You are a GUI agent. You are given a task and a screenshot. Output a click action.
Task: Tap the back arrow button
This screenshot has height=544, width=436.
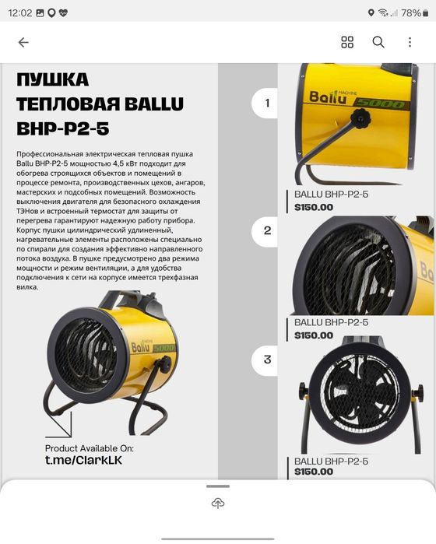pos(23,42)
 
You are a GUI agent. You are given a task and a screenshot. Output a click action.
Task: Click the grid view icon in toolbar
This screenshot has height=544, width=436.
pos(347,42)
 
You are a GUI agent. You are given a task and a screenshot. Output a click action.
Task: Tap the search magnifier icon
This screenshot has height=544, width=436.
pos(378,42)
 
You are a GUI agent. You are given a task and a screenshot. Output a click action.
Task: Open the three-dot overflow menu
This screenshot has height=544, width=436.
pos(410,42)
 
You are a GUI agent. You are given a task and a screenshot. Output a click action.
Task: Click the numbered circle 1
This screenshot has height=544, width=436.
pos(267,102)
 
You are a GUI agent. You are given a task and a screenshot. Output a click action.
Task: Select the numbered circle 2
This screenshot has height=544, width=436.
pos(267,230)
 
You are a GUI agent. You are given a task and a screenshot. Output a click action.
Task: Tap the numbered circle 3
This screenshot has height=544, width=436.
pos(267,359)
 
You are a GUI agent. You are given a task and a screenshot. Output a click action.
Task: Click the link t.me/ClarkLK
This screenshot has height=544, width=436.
pos(83,461)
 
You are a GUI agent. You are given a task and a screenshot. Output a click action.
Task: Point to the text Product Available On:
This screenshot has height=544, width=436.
pos(89,448)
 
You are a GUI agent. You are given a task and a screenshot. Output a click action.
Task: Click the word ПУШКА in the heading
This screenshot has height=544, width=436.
pos(53,79)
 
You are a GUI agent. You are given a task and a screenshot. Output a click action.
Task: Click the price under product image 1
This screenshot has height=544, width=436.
pos(314,207)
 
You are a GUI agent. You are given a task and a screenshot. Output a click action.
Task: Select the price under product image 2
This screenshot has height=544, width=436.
pos(314,335)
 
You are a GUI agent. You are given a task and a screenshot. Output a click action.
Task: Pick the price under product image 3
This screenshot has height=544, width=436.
pos(314,472)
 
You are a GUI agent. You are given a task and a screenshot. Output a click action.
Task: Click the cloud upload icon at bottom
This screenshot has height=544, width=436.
pos(218,504)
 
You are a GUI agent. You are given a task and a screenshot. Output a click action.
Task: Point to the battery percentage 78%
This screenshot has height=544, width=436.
pos(412,13)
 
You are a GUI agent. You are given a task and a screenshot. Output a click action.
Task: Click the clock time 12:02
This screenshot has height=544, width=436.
pos(21,13)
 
